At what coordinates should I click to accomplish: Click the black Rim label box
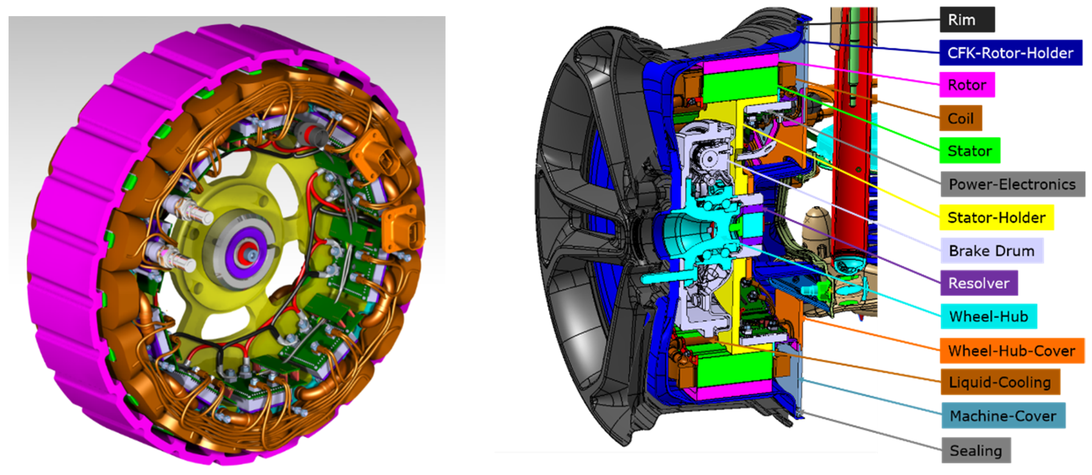(967, 20)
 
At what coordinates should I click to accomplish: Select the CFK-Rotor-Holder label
(1011, 53)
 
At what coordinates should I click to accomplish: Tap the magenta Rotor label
(967, 85)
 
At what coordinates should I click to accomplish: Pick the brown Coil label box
(960, 118)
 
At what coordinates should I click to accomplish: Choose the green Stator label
(970, 150)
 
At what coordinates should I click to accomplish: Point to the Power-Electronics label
(1013, 184)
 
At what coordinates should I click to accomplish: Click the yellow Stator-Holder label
(996, 218)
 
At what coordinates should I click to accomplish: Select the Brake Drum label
(992, 251)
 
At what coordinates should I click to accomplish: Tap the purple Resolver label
(979, 283)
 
